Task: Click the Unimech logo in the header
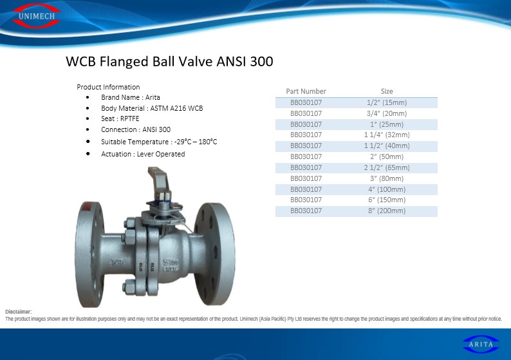[x=37, y=15]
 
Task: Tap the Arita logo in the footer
[x=481, y=344]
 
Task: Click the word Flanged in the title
[x=124, y=62]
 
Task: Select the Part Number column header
[x=306, y=91]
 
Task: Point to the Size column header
[x=387, y=91]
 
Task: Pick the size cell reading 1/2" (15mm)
[x=387, y=102]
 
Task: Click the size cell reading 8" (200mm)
[x=387, y=211]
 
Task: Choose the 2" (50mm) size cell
[x=387, y=156]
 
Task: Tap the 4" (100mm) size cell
[x=387, y=189]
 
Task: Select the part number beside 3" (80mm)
[x=306, y=178]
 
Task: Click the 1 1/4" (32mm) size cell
[x=387, y=135]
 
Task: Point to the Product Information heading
[x=108, y=87]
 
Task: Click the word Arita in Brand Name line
[x=153, y=97]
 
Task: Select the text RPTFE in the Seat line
[x=130, y=118]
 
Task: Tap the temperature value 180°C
[x=208, y=142]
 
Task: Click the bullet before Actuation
[x=88, y=153]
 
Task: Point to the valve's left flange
[x=89, y=254]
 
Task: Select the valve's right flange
[x=214, y=254]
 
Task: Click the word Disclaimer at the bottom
[x=18, y=312]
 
